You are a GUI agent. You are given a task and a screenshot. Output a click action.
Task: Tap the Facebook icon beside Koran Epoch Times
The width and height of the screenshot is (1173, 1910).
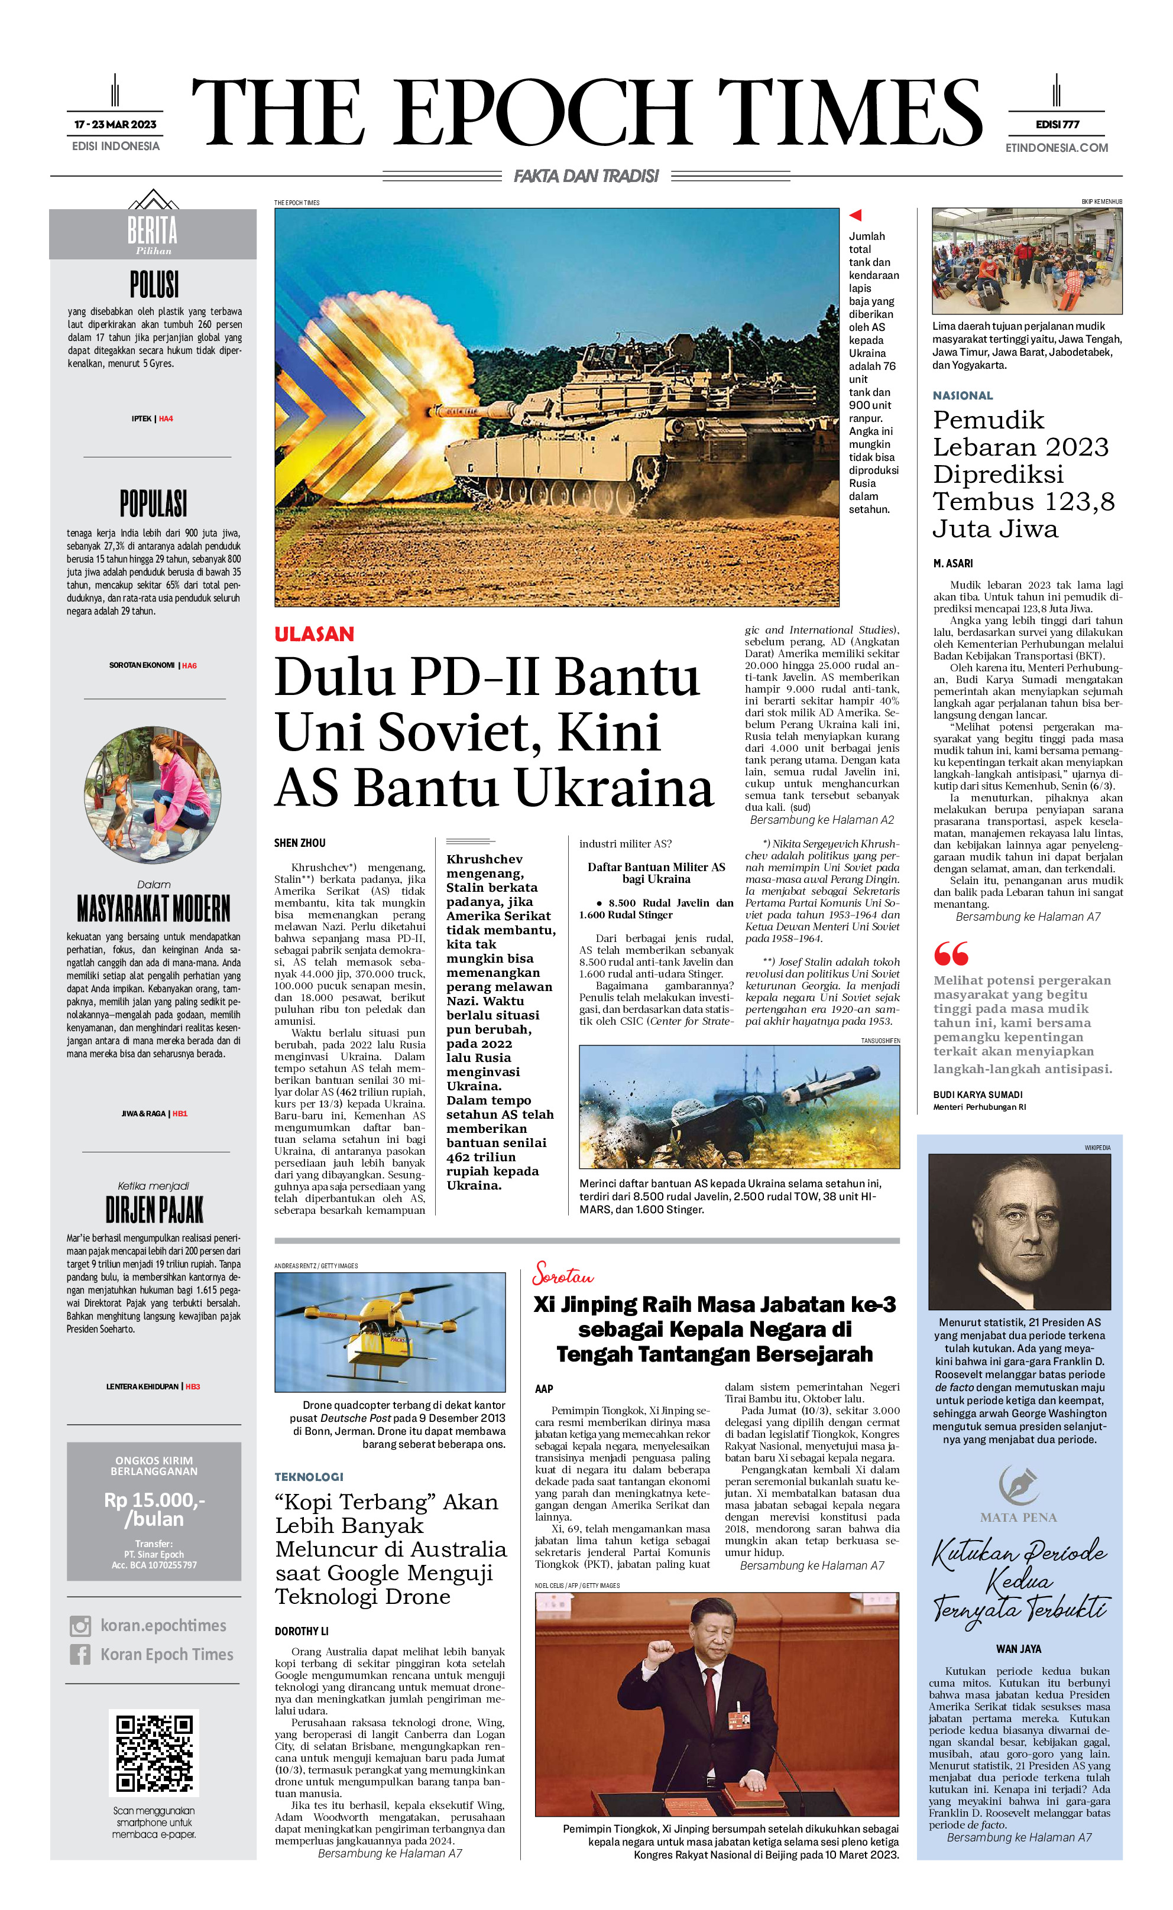point(80,1654)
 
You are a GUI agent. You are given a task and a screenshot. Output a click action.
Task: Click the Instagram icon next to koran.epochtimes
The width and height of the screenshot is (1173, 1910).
point(80,1625)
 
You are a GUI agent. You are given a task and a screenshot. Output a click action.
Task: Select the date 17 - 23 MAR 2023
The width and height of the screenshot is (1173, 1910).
point(115,124)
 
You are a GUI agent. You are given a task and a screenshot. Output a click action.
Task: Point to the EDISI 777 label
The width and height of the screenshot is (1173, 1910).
point(1057,124)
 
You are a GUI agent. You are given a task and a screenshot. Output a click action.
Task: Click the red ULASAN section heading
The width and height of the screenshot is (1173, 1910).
point(314,634)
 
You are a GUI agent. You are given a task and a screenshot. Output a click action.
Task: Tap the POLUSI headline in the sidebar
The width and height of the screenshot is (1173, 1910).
point(154,285)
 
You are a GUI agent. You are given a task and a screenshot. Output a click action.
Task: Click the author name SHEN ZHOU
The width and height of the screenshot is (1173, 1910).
point(299,843)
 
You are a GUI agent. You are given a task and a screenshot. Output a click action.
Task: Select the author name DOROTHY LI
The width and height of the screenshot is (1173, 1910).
point(301,1632)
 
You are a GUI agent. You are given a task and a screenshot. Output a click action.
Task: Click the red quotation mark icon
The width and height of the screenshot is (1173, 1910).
point(951,953)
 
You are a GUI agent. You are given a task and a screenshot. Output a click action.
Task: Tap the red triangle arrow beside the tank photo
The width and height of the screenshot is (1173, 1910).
point(855,216)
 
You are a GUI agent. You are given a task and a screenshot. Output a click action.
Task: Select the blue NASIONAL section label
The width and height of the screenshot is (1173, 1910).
point(962,395)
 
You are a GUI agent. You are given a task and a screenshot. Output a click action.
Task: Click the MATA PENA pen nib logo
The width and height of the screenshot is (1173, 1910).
point(1018,1485)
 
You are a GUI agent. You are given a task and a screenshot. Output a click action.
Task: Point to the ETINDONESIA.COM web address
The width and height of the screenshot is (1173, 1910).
point(1057,147)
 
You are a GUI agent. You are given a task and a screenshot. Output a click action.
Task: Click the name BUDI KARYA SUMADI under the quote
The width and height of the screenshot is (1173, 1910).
point(977,1094)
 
